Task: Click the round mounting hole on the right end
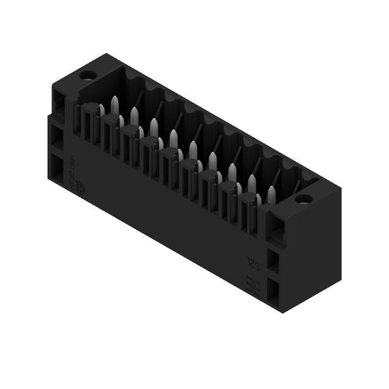tap(304, 198)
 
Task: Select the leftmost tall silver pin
tap(115, 104)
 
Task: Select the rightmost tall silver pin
tap(271, 193)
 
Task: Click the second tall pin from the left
tap(134, 115)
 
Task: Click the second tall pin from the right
tap(251, 182)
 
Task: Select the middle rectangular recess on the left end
tap(57, 139)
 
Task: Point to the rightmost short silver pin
tap(258, 199)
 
